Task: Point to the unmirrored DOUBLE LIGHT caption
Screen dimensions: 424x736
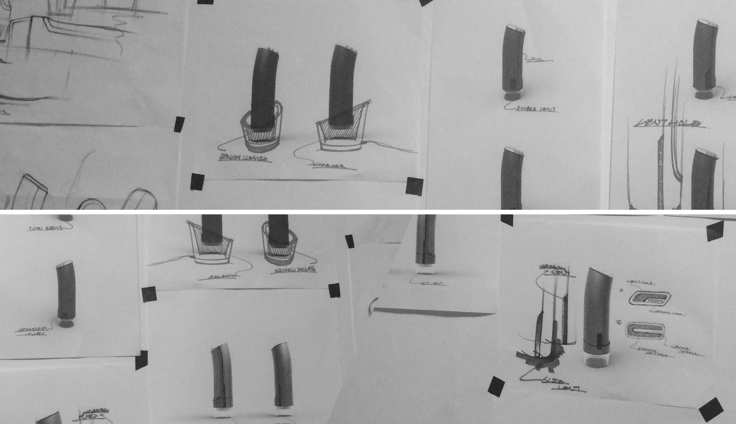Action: coord(536,109)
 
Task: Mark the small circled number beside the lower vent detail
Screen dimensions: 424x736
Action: coord(619,322)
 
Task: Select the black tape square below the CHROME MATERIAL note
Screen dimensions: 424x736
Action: coord(711,410)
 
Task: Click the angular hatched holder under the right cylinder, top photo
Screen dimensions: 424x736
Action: coord(341,131)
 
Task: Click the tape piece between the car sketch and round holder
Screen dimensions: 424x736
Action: coord(179,124)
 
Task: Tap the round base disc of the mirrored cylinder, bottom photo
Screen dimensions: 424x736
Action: coord(66,323)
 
